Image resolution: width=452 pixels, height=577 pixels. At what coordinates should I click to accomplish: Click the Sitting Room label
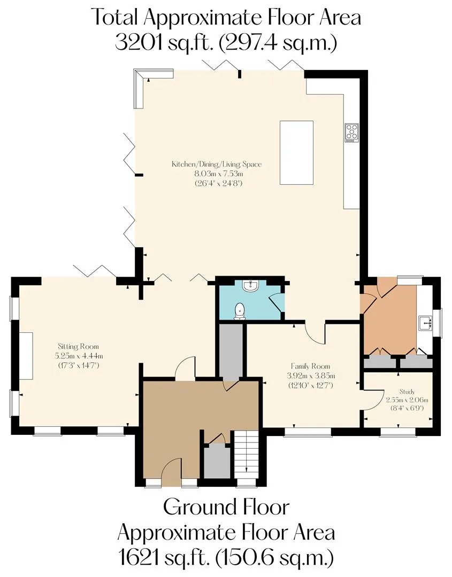tap(79, 346)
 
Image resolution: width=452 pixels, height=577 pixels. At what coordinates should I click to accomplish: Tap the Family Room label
tap(310, 366)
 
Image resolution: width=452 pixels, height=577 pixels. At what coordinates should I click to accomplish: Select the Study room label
tap(407, 392)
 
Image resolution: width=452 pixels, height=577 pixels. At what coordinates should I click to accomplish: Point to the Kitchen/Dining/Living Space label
tap(217, 164)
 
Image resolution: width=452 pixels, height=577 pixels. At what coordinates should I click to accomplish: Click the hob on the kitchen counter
tap(352, 133)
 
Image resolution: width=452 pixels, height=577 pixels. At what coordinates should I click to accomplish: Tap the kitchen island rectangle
tap(296, 153)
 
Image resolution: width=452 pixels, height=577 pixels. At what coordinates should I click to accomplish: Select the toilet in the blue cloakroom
tap(240, 311)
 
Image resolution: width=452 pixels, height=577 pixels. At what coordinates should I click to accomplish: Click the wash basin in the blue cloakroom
tap(251, 285)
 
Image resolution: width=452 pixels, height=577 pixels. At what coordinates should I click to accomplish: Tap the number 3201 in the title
tap(138, 43)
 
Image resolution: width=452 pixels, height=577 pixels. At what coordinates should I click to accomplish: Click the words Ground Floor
tap(226, 507)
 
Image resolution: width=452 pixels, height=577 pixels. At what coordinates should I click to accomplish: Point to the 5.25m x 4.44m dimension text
tap(79, 356)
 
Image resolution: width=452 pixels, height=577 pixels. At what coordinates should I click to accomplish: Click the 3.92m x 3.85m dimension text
tap(311, 376)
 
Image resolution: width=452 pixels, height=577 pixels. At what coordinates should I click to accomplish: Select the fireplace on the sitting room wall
tap(26, 355)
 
